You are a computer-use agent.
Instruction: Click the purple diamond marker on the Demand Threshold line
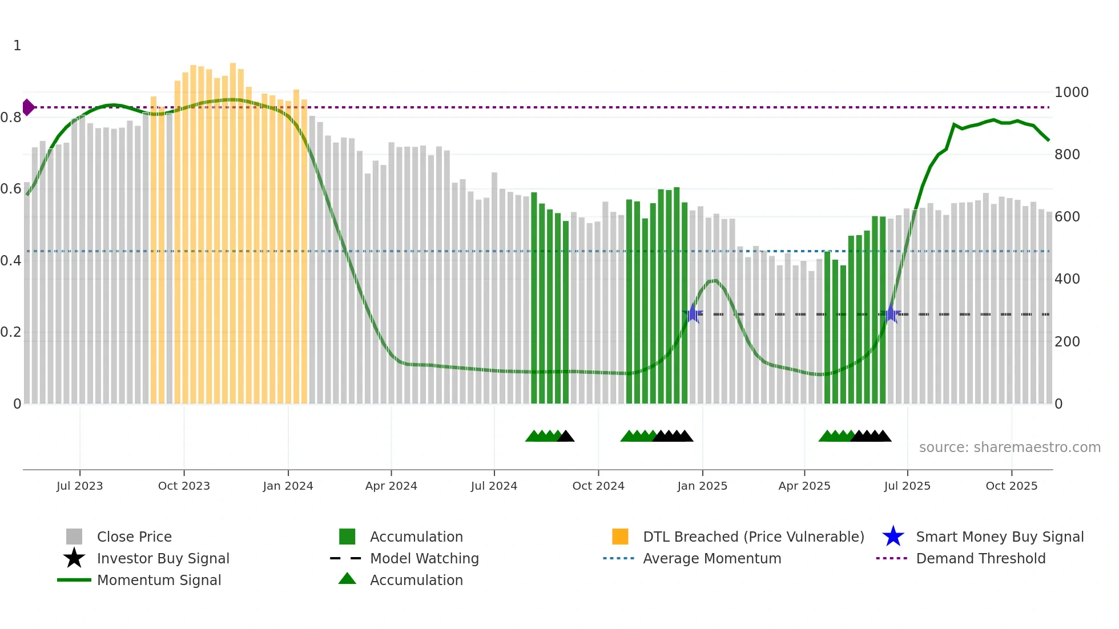pos(28,107)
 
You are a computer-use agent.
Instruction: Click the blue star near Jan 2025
pos(693,313)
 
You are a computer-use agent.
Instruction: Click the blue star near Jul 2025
pos(891,313)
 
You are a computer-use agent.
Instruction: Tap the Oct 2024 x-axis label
pos(598,486)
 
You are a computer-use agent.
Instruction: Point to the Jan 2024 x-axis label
pos(288,486)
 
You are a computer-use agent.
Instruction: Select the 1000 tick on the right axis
pos(1071,92)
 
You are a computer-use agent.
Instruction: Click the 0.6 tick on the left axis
pos(10,189)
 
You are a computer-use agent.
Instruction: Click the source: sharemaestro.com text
pos(1009,447)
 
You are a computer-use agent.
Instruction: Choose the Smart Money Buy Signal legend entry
pos(999,537)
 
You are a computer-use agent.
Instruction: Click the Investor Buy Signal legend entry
pos(163,558)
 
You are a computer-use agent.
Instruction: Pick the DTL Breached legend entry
pos(753,537)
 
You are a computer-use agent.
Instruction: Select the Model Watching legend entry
pos(424,558)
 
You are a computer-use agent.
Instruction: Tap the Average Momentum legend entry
pos(711,558)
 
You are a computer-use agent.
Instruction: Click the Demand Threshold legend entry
pos(980,558)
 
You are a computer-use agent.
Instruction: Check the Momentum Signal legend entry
pos(159,580)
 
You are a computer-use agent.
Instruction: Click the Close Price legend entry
pos(134,537)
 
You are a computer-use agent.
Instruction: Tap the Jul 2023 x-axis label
pos(80,486)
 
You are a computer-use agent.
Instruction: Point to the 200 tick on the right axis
pos(1066,342)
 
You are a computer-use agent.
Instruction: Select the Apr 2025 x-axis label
pos(804,486)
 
